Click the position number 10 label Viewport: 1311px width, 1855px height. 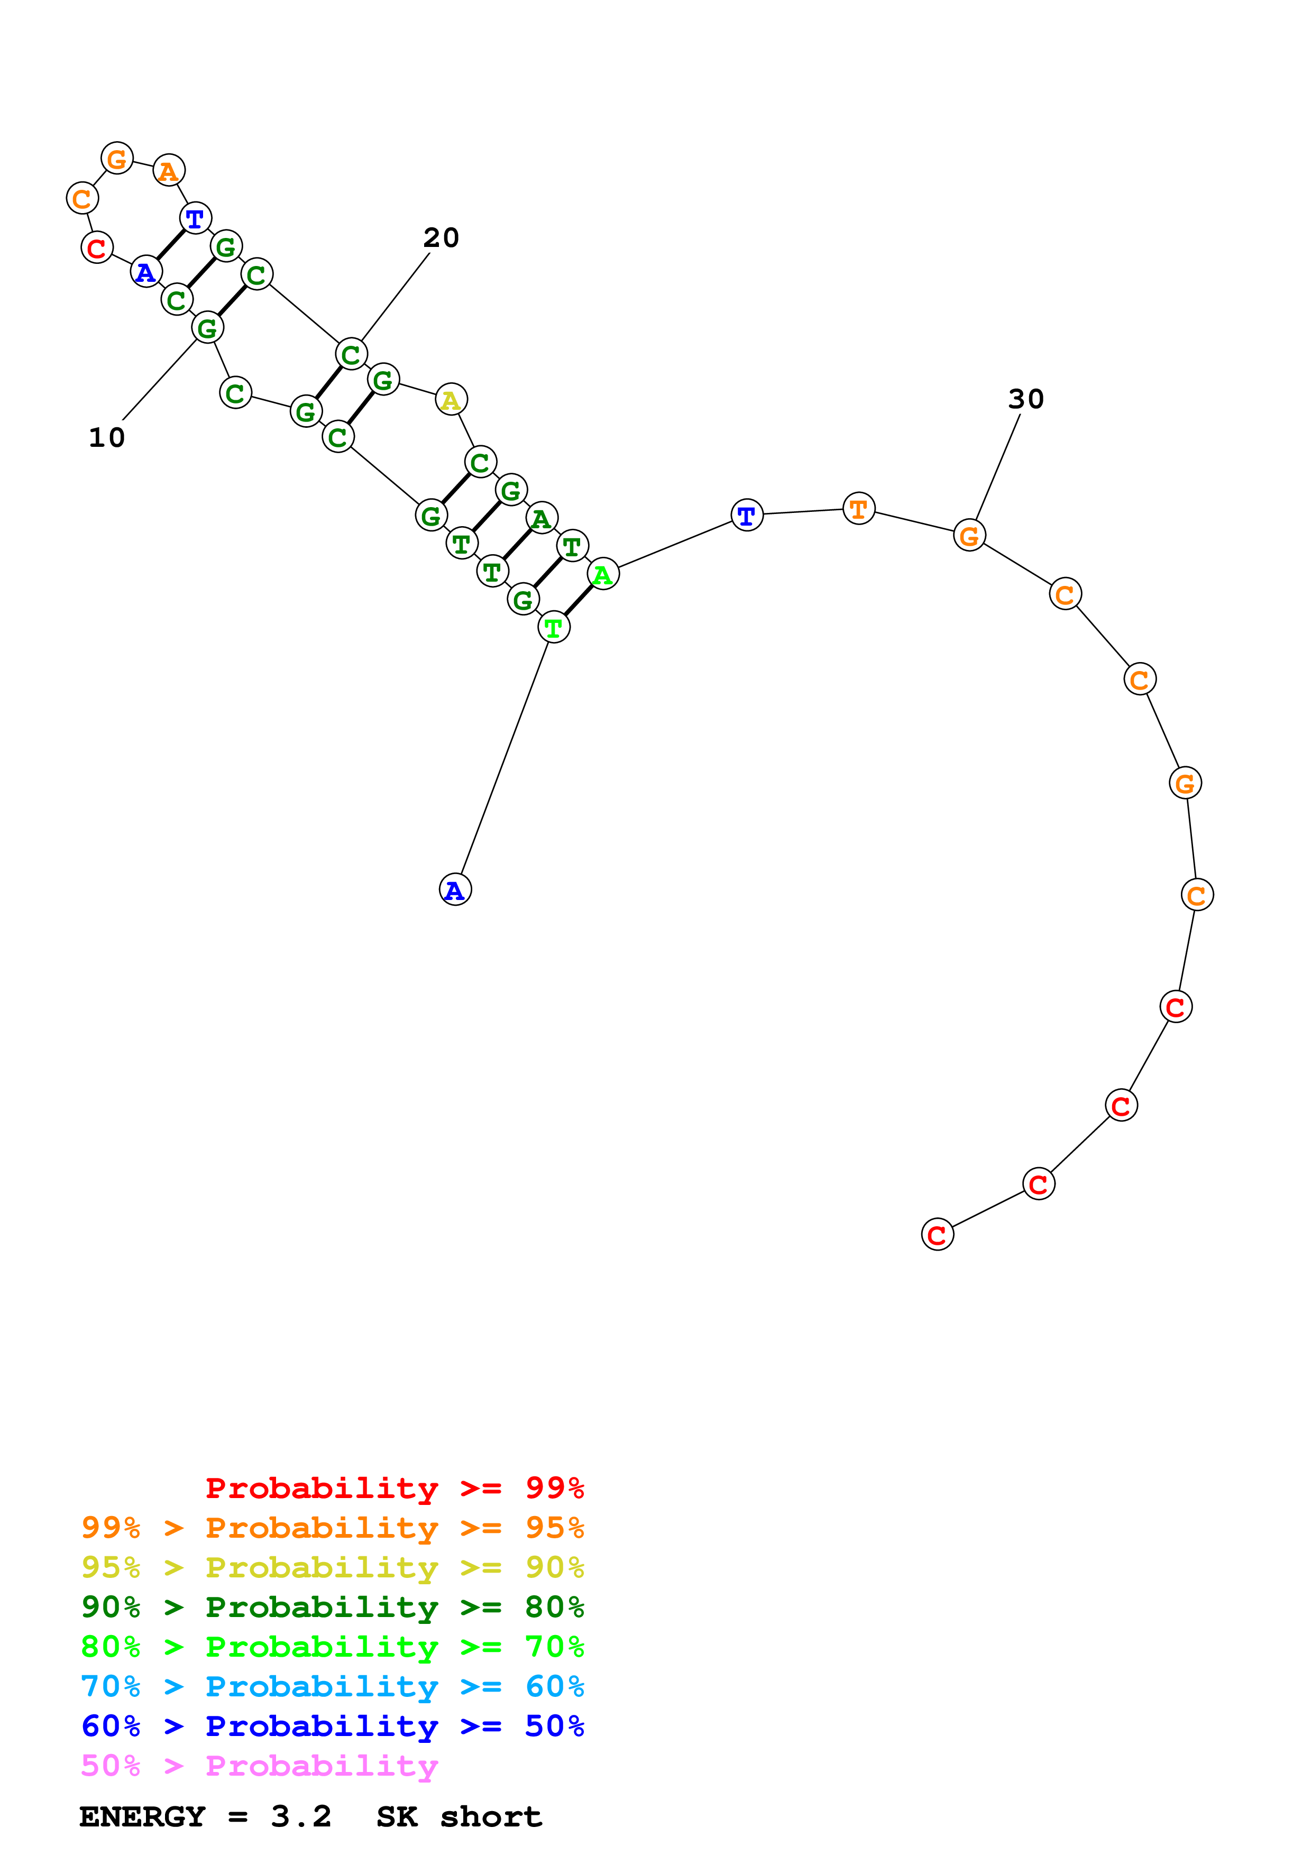point(107,438)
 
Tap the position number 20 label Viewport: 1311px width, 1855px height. point(441,237)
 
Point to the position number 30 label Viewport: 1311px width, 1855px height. point(1026,399)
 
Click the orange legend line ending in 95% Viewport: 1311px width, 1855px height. point(332,1528)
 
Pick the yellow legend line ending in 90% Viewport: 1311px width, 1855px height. point(332,1567)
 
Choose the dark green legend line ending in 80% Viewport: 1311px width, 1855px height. point(332,1607)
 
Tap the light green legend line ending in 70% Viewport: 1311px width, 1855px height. point(332,1647)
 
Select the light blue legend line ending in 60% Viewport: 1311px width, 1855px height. point(332,1686)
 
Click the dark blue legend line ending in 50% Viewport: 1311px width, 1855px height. point(332,1726)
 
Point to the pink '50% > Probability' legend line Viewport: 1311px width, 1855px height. point(259,1765)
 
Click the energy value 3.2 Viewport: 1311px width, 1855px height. point(301,1817)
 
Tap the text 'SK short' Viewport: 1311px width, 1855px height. point(459,1817)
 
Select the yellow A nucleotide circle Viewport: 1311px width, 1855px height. point(451,399)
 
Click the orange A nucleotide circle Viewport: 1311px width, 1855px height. point(169,170)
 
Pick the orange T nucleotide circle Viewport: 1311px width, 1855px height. point(859,508)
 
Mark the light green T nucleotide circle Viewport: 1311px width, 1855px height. point(553,627)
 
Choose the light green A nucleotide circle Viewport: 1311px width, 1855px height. point(602,574)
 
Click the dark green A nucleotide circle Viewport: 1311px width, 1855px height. point(541,518)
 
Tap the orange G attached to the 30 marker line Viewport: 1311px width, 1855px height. point(969,535)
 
